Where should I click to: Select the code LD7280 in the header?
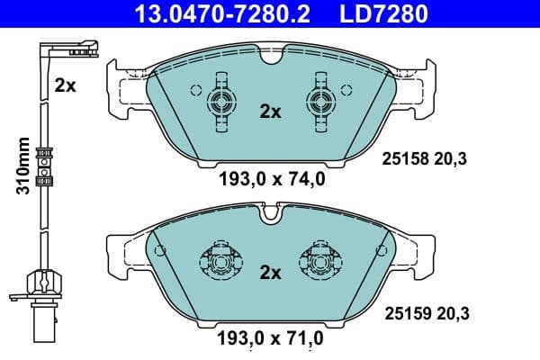pyautogui.click(x=382, y=14)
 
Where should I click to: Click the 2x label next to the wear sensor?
pyautogui.click(x=64, y=86)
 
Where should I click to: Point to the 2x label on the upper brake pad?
pyautogui.click(x=270, y=112)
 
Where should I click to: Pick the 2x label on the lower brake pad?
pyautogui.click(x=270, y=272)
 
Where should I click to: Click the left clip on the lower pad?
pyautogui.click(x=221, y=259)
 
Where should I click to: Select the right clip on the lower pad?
pyautogui.click(x=319, y=259)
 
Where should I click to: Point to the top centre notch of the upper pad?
pyautogui.click(x=271, y=58)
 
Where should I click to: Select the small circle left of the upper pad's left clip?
pyautogui.click(x=195, y=90)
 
